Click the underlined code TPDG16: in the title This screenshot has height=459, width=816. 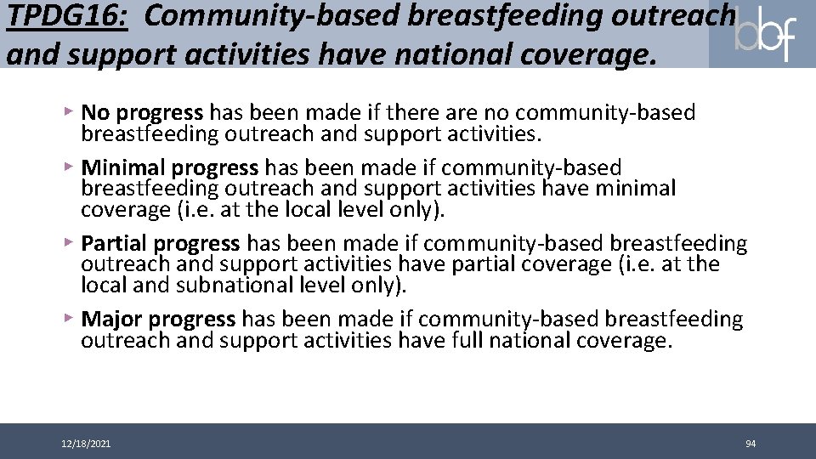click(x=66, y=17)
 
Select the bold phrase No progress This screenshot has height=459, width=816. click(x=142, y=112)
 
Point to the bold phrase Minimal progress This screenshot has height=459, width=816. click(x=169, y=167)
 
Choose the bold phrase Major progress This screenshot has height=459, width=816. click(x=158, y=320)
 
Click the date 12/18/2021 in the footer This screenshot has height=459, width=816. click(x=85, y=444)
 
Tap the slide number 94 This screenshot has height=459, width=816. click(x=751, y=444)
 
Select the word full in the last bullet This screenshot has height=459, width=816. click(x=472, y=341)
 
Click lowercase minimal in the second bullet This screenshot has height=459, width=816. click(x=632, y=187)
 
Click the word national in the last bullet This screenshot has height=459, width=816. click(x=544, y=341)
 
